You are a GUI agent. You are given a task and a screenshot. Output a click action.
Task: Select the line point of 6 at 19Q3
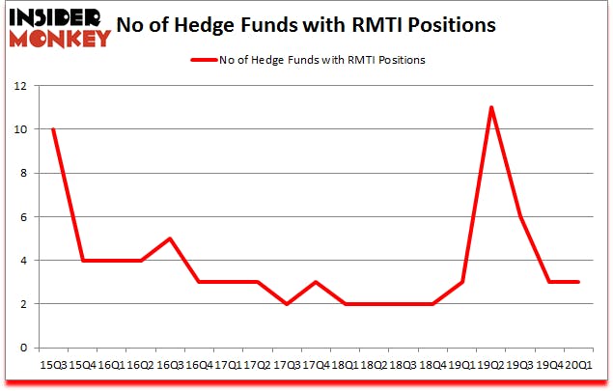(x=520, y=216)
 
